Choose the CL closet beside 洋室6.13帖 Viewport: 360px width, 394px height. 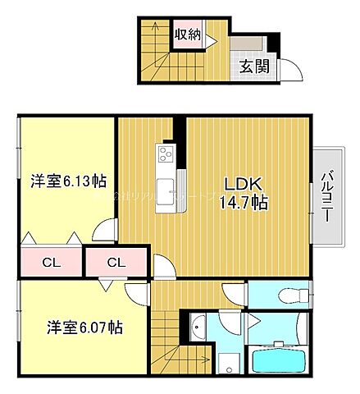coord(51,263)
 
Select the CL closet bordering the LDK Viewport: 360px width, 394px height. coord(116,263)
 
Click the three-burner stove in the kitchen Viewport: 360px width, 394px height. coord(165,153)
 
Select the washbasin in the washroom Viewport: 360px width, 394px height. coord(199,331)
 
